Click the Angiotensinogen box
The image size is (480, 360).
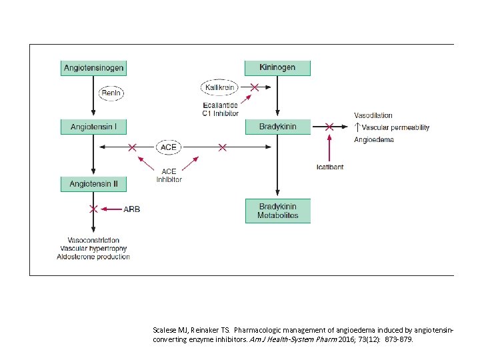point(94,68)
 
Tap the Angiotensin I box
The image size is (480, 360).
point(94,127)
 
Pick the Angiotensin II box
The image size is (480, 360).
point(94,183)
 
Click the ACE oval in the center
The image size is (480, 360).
point(169,146)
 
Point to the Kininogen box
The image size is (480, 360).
point(278,68)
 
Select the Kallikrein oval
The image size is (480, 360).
point(221,87)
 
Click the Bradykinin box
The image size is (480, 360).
point(278,127)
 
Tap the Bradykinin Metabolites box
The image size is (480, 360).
point(278,211)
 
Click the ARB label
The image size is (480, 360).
point(132,209)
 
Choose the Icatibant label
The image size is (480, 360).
point(330,167)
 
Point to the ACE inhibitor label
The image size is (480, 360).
point(169,175)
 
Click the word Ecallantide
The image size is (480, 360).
point(221,105)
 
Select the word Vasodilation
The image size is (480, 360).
point(373,115)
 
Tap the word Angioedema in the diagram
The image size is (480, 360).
point(374,140)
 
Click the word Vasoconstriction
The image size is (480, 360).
point(93,240)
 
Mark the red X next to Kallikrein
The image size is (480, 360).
point(254,87)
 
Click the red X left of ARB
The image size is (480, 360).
point(94,209)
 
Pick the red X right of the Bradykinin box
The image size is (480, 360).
point(329,127)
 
